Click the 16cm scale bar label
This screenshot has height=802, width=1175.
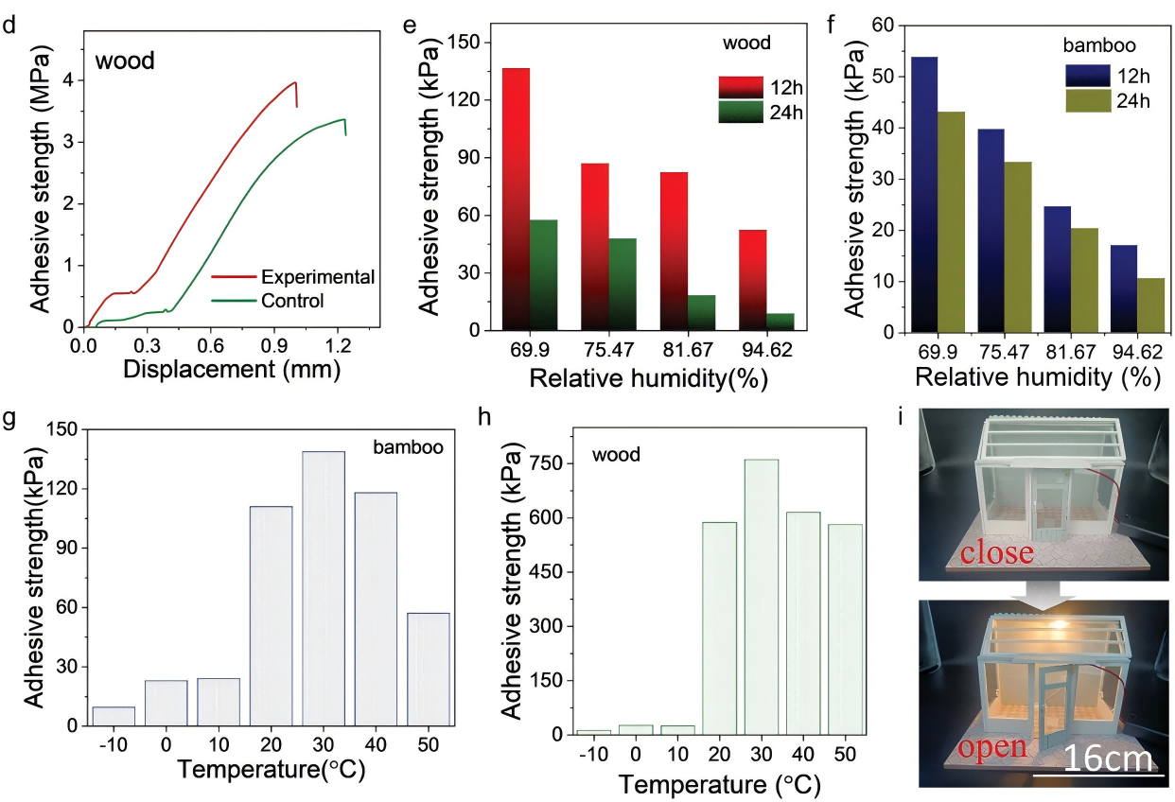tap(1108, 759)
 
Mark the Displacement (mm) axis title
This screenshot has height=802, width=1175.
tap(231, 370)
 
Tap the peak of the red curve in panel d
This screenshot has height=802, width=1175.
tap(295, 82)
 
